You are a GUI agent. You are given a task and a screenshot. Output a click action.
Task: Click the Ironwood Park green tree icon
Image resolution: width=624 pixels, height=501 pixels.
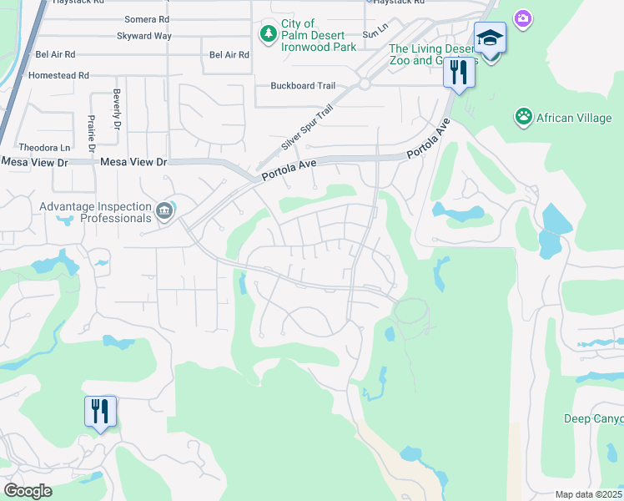tap(268, 33)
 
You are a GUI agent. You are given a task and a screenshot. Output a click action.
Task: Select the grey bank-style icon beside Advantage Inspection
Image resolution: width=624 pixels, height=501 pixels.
tap(165, 210)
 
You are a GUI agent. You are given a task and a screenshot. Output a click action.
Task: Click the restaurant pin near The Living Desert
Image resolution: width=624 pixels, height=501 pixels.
tap(458, 72)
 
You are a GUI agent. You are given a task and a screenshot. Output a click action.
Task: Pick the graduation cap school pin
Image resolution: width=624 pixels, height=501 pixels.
tap(490, 38)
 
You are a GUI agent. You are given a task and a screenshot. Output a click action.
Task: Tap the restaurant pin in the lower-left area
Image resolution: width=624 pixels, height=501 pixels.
tap(99, 411)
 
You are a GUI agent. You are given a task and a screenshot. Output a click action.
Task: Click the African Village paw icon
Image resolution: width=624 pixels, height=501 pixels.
tap(524, 117)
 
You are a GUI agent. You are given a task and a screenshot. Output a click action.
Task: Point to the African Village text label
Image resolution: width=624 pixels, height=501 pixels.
tap(575, 118)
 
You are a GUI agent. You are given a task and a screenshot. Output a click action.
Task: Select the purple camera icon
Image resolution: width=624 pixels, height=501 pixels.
tap(523, 18)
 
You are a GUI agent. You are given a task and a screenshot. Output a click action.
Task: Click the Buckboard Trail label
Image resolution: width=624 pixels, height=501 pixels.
tap(303, 86)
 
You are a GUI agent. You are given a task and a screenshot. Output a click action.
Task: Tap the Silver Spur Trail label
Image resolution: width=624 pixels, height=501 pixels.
tap(301, 128)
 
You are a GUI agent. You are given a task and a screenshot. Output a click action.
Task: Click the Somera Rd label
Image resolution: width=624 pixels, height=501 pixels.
tap(146, 19)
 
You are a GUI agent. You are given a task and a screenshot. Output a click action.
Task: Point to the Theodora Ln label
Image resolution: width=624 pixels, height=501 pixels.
tap(38, 147)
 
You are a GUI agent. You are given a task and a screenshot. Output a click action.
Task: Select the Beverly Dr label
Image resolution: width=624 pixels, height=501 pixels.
tap(117, 109)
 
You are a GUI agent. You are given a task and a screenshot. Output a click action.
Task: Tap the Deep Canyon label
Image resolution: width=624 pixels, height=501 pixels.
tap(593, 418)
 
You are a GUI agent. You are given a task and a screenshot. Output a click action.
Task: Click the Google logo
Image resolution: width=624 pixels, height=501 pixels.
tap(28, 491)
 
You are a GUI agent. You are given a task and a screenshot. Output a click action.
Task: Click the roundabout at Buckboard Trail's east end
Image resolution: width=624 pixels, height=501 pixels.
tap(365, 84)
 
